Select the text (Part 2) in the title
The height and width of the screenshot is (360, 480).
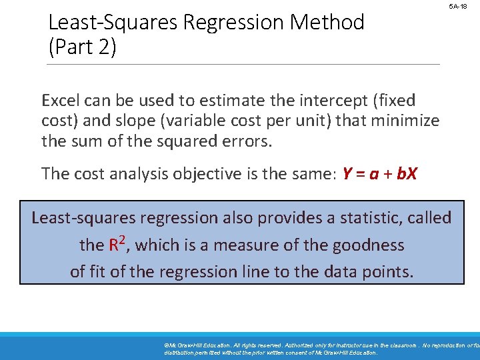83,48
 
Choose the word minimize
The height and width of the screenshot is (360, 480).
407,121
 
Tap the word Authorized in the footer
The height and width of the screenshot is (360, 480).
283,346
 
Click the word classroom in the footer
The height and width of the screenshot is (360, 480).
395,346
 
